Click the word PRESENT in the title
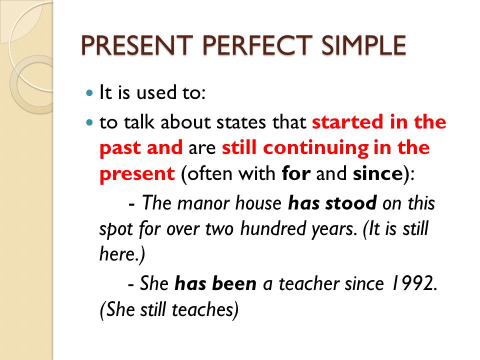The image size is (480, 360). click(x=137, y=45)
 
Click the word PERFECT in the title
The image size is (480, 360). click(x=257, y=45)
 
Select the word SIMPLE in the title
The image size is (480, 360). click(x=363, y=45)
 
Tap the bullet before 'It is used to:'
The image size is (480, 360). click(x=89, y=92)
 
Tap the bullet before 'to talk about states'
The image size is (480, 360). click(x=89, y=122)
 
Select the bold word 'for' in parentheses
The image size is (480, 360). click(x=296, y=173)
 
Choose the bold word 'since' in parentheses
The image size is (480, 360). click(x=378, y=173)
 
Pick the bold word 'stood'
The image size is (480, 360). click(x=351, y=203)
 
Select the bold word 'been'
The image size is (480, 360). click(x=234, y=283)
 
